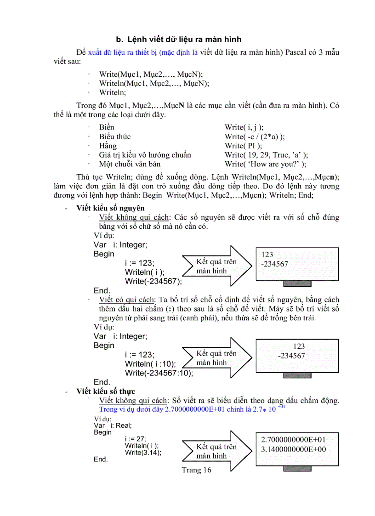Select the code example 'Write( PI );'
(243, 146)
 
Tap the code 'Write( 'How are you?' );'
(265, 164)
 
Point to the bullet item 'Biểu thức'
(115, 136)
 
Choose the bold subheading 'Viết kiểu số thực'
(106, 391)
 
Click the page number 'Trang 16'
(196, 470)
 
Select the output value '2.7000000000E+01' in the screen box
(294, 439)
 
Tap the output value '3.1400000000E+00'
(294, 449)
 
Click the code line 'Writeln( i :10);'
(150, 364)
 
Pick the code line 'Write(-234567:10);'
(159, 373)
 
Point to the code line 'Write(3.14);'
(143, 452)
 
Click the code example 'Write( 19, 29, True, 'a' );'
(266, 155)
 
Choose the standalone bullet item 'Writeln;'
(112, 92)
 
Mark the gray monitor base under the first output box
(297, 284)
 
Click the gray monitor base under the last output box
(297, 469)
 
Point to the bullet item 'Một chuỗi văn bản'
(130, 164)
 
